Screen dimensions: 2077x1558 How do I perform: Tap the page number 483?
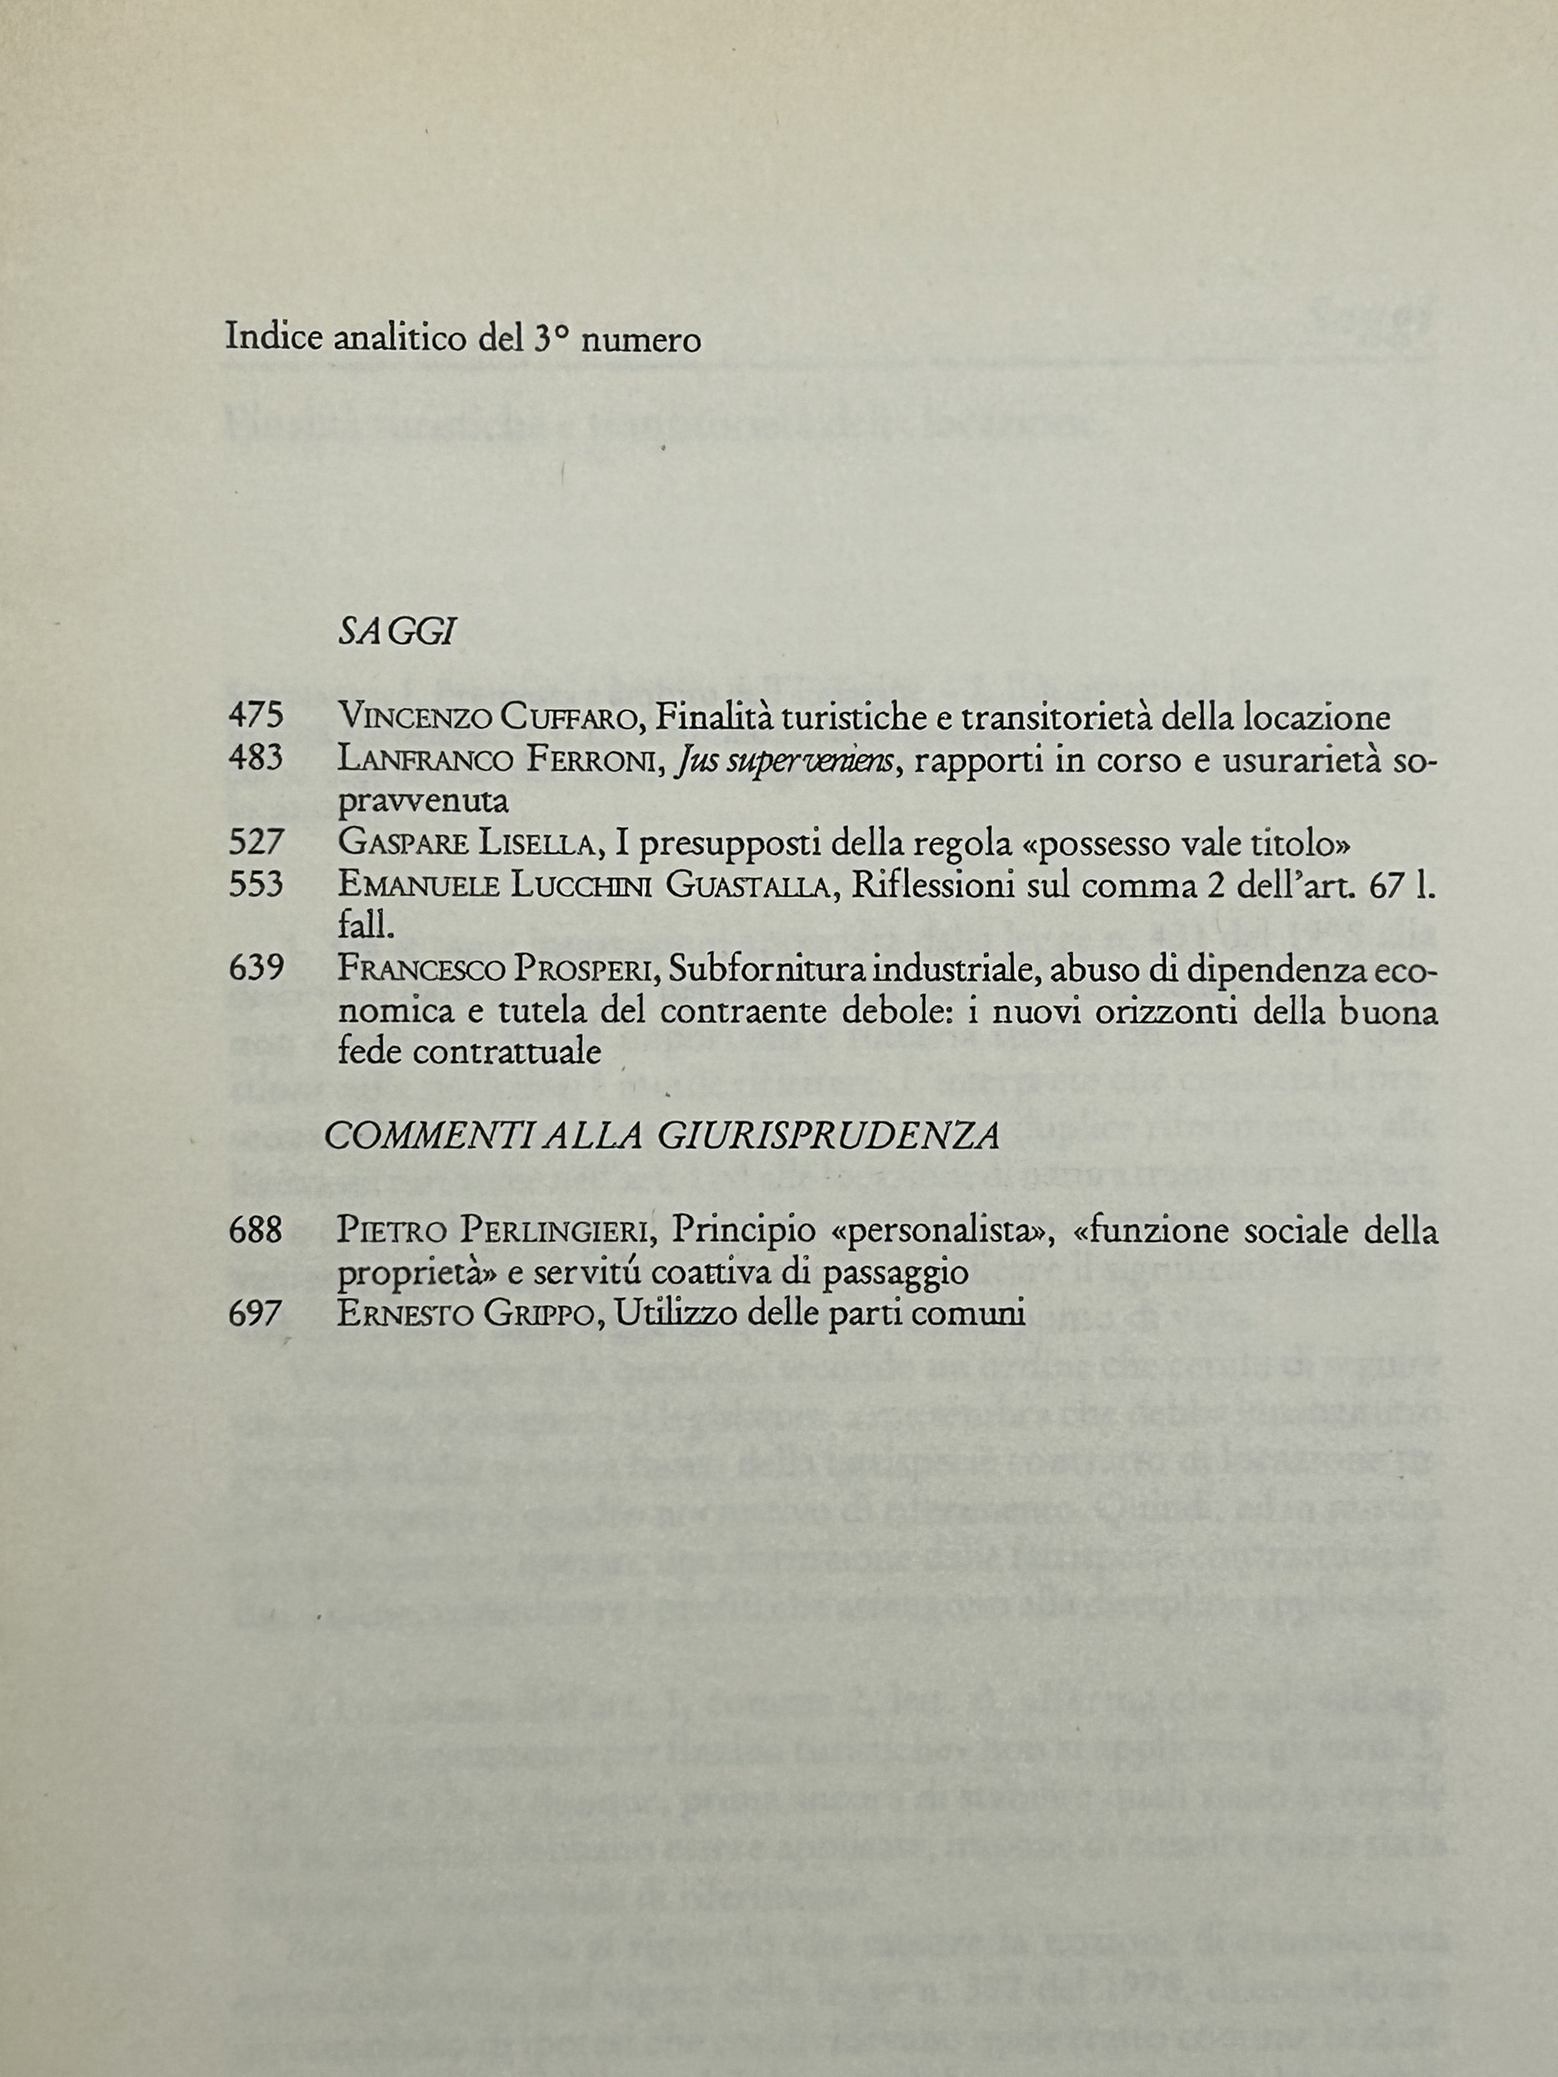point(255,757)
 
